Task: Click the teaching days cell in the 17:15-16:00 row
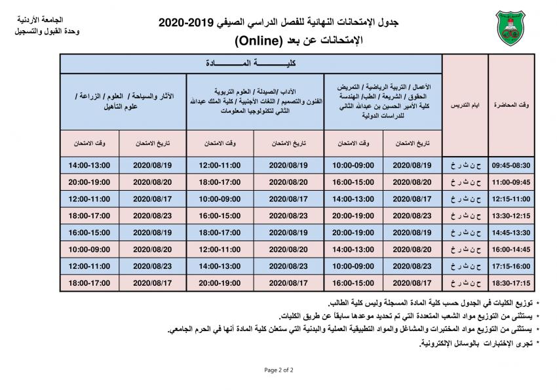465,267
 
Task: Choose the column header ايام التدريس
465,105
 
